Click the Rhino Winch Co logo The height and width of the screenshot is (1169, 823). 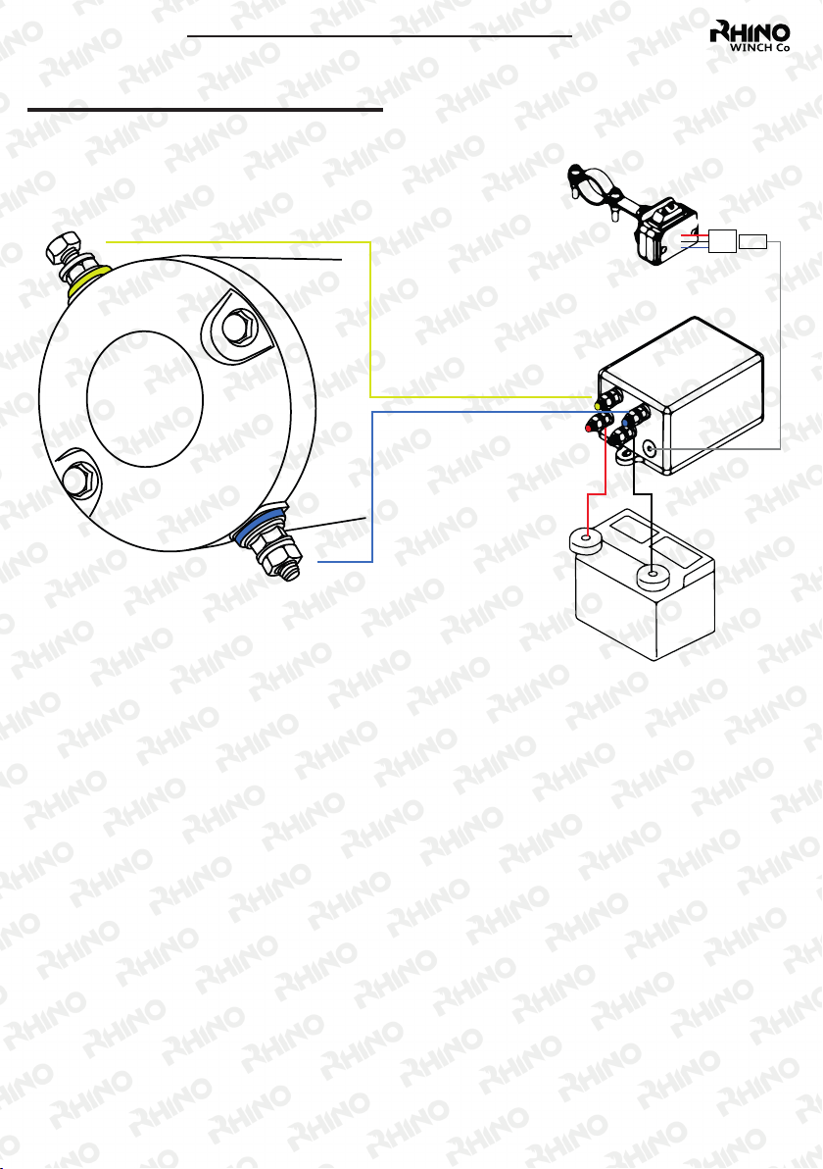[750, 35]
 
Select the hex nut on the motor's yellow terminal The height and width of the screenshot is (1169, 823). [64, 246]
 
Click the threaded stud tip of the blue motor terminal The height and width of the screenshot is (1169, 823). [292, 568]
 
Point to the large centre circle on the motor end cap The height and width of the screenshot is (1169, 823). [144, 399]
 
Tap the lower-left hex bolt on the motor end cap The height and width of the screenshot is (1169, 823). [79, 478]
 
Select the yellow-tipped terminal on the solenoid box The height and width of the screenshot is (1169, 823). [608, 399]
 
